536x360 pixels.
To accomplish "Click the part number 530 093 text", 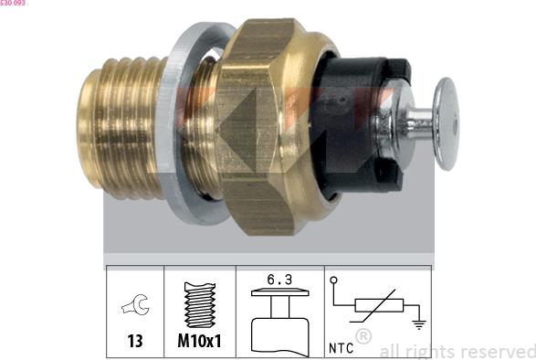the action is click(x=13, y=3).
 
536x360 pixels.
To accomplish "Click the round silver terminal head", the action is click(x=447, y=124).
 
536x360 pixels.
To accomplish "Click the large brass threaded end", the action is click(x=120, y=127).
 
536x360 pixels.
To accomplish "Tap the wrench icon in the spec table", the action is click(x=135, y=304).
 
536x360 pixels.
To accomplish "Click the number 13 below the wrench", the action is click(x=135, y=341).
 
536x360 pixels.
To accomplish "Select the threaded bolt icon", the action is click(x=200, y=304).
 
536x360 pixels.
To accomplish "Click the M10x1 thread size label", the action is click(x=200, y=341).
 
